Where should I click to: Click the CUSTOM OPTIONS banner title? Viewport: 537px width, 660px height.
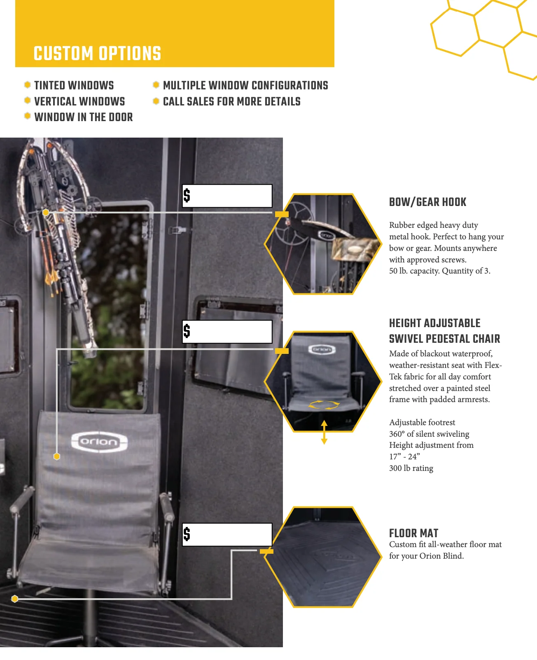(97, 53)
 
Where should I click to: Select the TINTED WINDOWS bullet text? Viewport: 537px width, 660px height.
(74, 85)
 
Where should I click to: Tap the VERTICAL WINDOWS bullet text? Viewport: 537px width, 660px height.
(79, 101)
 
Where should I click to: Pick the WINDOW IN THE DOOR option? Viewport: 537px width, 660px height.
(84, 117)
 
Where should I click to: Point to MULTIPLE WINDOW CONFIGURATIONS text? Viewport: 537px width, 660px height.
(245, 85)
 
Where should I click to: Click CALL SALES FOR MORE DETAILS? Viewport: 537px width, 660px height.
(232, 101)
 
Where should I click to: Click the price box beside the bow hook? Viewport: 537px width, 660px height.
(227, 196)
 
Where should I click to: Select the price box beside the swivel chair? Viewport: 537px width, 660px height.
(227, 332)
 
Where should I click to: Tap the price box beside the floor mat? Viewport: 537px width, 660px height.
(227, 534)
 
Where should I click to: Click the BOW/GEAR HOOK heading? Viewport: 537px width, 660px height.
(428, 202)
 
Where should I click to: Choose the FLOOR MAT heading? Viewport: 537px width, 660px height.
(414, 533)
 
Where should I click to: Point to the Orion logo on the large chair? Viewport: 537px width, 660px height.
(99, 442)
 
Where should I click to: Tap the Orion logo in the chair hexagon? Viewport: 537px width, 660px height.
(322, 349)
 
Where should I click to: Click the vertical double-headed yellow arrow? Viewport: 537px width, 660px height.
(324, 432)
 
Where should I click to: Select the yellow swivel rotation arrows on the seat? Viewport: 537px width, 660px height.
(324, 405)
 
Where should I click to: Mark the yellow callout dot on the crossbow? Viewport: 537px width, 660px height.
(46, 212)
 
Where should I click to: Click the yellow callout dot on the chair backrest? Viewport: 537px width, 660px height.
(57, 456)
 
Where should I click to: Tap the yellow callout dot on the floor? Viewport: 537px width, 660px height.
(14, 599)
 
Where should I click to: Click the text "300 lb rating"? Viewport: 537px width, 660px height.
(411, 468)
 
